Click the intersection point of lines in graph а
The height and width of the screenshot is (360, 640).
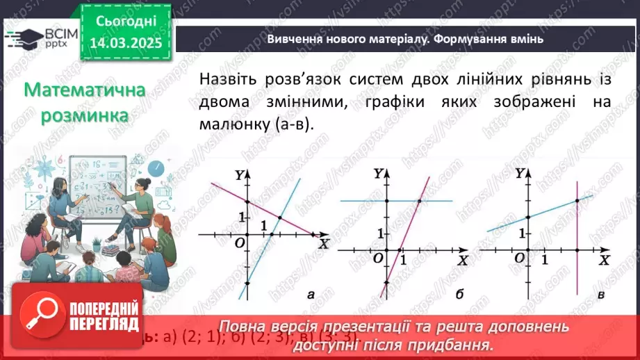click(279, 218)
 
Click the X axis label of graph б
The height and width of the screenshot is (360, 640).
click(463, 260)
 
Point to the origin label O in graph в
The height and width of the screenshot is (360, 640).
click(518, 258)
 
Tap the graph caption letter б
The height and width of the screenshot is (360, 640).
click(459, 295)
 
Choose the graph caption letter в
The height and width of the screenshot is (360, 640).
click(600, 295)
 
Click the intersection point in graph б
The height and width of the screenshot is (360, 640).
click(420, 202)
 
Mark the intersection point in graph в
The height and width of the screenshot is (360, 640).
click(577, 201)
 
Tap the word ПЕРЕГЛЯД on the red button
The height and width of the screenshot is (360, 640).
click(106, 323)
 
